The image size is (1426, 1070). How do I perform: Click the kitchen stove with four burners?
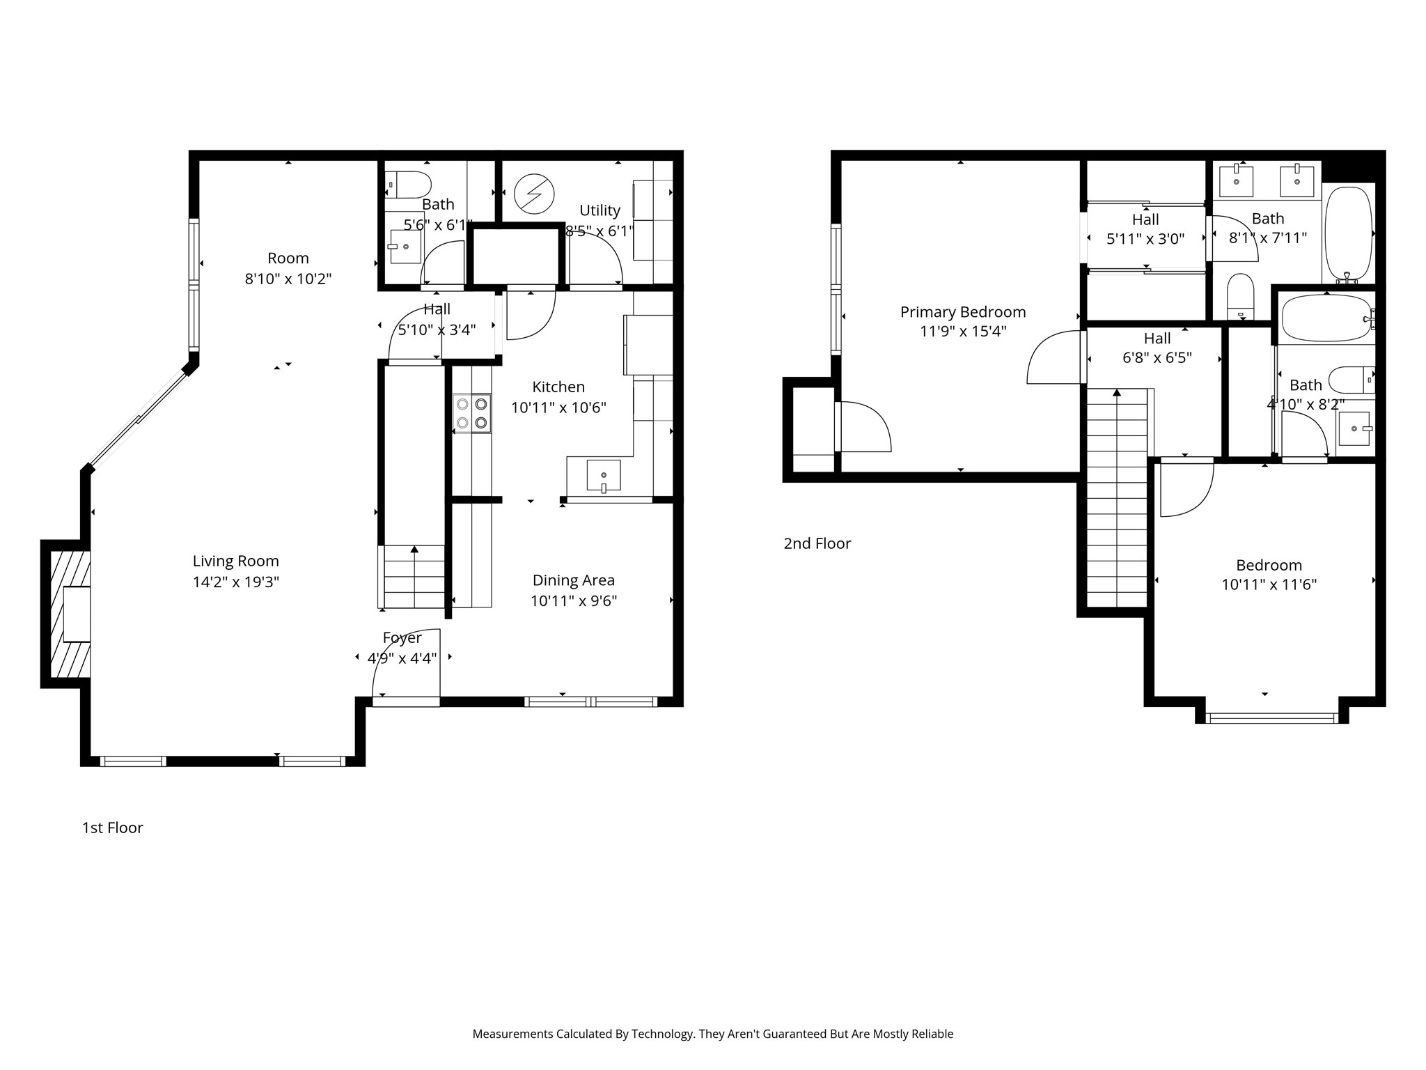click(x=472, y=413)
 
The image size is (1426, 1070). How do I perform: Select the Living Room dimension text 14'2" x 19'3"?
click(x=236, y=582)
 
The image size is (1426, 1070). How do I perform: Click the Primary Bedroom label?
click(x=963, y=311)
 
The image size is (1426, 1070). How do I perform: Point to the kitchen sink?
click(x=603, y=476)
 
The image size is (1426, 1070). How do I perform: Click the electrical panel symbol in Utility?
click(x=534, y=193)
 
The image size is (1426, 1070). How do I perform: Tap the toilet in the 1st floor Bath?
click(x=408, y=185)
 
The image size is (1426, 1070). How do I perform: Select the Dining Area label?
click(x=574, y=580)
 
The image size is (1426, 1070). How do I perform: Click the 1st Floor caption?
click(x=113, y=828)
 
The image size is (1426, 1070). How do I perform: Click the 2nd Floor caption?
click(x=817, y=543)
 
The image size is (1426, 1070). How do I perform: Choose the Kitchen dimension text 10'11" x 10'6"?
click(x=559, y=408)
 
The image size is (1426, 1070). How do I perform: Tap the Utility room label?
click(x=600, y=210)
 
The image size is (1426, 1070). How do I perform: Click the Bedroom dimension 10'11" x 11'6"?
click(x=1269, y=584)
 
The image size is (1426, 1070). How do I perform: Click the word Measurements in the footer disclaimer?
click(x=512, y=1034)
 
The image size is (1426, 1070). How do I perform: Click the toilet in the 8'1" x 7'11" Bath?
click(x=1241, y=295)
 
